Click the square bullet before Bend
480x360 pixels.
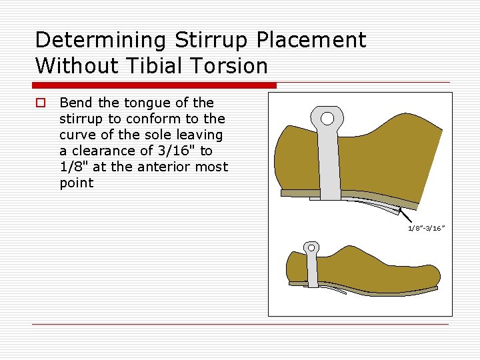[x=41, y=103]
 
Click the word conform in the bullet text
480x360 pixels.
[x=154, y=119]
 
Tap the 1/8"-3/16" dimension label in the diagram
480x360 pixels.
[x=426, y=228]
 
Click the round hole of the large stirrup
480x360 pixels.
[x=327, y=119]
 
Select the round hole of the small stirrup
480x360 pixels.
[x=311, y=249]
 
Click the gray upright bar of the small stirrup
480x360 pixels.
[x=313, y=270]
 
